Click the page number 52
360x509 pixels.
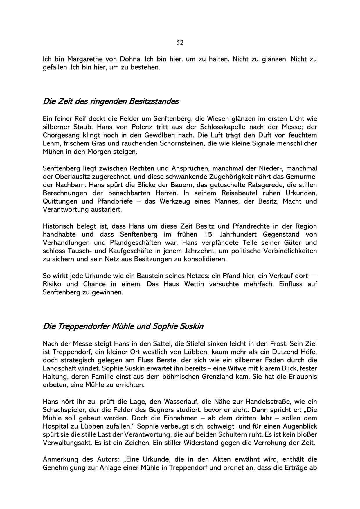(180, 43)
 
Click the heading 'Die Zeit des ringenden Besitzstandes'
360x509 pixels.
(111, 102)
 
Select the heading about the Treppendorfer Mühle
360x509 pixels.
(123, 326)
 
